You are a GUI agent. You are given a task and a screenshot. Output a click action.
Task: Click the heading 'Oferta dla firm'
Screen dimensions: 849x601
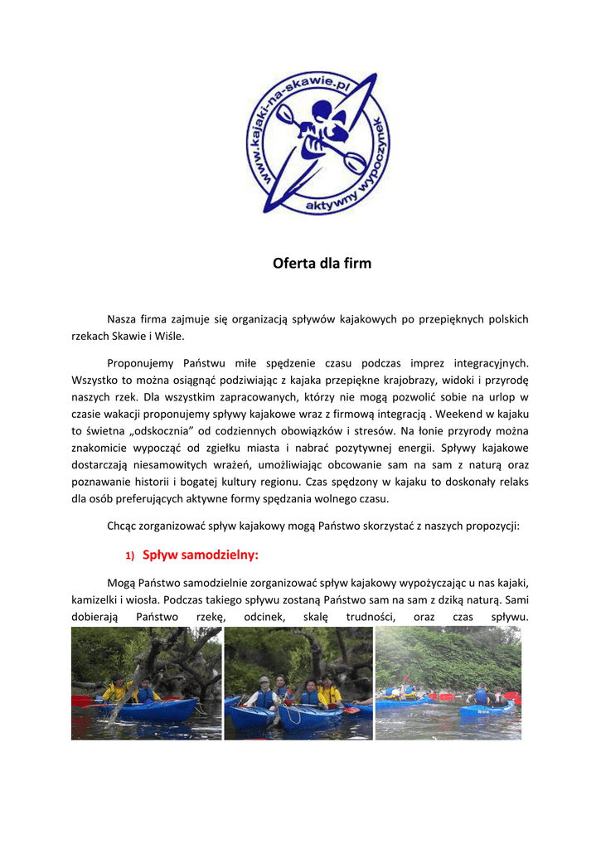click(322, 264)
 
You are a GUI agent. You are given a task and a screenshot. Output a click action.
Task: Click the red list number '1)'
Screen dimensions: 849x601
click(130, 555)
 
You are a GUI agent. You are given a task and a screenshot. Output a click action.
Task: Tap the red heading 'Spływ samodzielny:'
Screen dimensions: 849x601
click(201, 554)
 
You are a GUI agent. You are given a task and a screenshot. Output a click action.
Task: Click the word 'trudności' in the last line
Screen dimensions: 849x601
click(371, 617)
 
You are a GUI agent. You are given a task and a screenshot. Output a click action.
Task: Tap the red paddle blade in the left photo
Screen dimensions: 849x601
click(81, 701)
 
